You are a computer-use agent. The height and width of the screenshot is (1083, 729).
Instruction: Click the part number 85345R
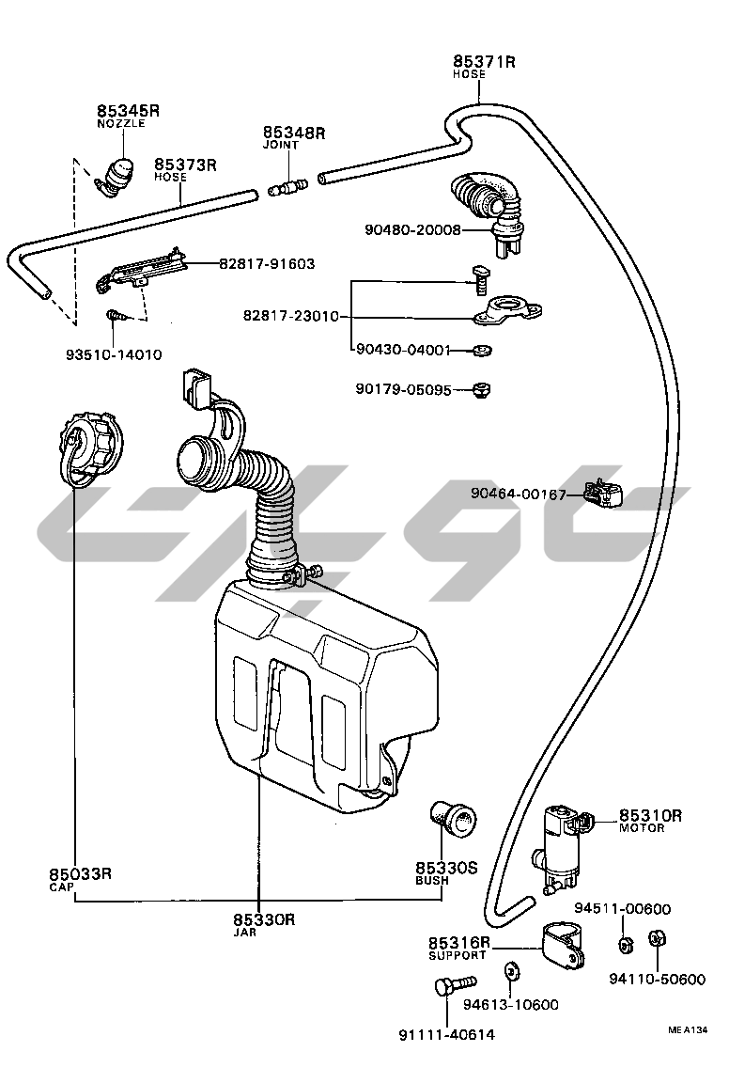[x=129, y=111]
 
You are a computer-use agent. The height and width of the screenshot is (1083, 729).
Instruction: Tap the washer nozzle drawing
[x=118, y=177]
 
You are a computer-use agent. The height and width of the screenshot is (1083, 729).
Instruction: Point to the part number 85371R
[x=485, y=62]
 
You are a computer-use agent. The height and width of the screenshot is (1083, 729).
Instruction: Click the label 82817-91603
[x=267, y=265]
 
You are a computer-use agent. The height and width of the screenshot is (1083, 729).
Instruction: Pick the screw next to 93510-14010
[x=115, y=317]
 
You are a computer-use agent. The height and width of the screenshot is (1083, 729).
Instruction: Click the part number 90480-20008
[x=413, y=229]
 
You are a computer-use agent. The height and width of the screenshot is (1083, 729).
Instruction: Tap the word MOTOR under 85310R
[x=642, y=828]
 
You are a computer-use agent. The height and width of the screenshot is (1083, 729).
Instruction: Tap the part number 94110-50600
[x=657, y=980]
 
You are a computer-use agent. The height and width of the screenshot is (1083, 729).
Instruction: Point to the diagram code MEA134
[x=689, y=1031]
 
